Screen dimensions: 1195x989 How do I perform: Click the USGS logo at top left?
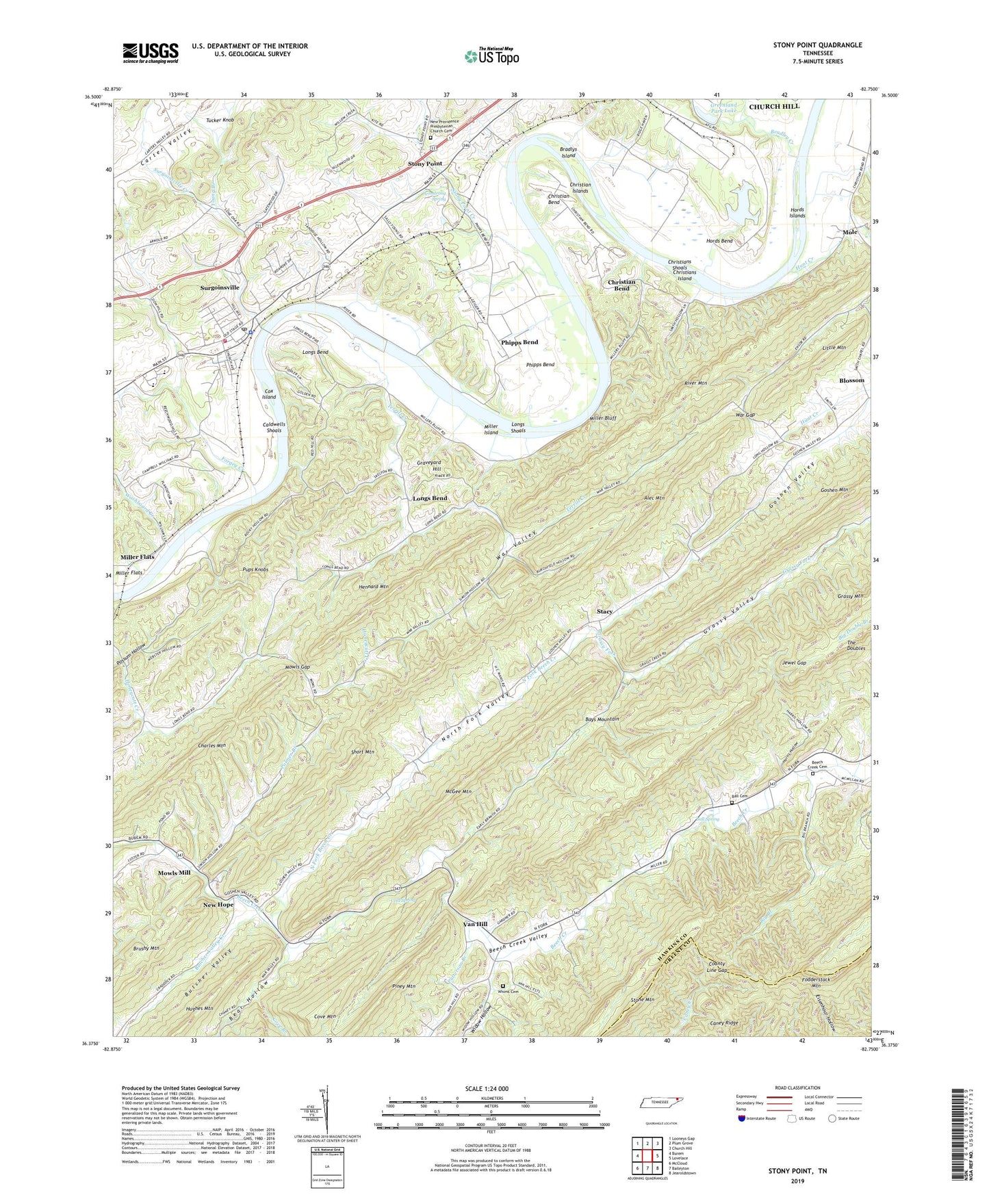coord(151,53)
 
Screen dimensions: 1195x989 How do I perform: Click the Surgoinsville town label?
coord(220,288)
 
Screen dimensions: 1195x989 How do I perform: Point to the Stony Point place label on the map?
coord(425,164)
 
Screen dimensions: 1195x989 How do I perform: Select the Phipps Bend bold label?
coord(519,342)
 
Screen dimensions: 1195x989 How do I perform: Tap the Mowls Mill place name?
coord(174,873)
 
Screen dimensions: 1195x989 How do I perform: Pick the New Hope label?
coord(218,905)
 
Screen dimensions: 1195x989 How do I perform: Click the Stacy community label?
coord(604,611)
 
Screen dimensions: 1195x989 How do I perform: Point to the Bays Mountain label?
coord(602,719)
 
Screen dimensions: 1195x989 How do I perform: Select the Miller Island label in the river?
coord(491,429)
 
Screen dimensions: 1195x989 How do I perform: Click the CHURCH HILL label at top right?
coord(773,107)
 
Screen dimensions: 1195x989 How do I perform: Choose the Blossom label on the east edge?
coord(851,381)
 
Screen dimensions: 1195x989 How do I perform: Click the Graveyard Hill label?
coord(428,465)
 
